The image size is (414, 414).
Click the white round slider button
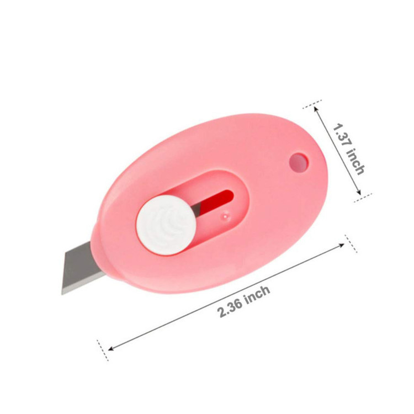(x=166, y=225)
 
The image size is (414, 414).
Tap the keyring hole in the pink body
(x=299, y=162)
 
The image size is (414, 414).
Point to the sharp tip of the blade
(x=62, y=294)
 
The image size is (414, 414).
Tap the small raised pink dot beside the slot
(x=225, y=215)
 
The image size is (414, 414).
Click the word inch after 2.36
(x=258, y=294)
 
